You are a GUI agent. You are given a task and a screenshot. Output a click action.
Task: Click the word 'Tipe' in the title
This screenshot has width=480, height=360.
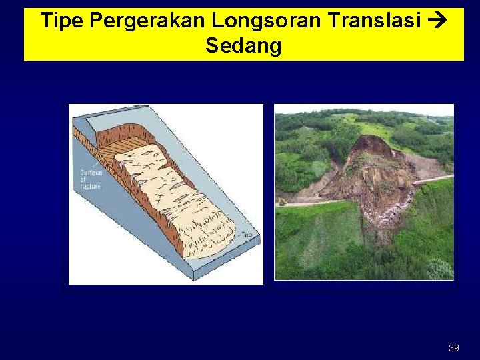coord(61,21)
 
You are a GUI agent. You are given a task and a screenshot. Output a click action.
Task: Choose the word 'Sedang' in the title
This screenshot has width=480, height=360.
coord(243,46)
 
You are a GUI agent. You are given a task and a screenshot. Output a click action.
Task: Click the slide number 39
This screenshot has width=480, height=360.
coord(453,348)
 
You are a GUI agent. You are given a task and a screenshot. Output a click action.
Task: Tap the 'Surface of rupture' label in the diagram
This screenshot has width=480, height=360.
coord(90,179)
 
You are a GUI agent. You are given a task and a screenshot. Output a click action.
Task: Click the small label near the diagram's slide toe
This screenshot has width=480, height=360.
coord(247,234)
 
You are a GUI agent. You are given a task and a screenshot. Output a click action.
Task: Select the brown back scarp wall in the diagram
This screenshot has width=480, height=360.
coord(107,137)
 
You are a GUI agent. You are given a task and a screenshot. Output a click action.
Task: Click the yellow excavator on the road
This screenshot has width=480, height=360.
coord(283,201)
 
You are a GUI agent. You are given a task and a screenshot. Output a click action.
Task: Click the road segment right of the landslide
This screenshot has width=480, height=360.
coord(433,179)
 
